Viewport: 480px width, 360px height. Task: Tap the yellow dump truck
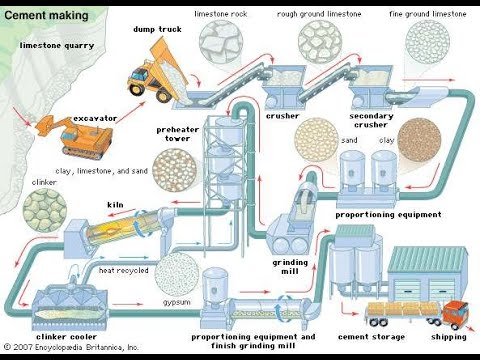(x=158, y=73)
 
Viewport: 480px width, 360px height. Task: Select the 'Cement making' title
(x=46, y=15)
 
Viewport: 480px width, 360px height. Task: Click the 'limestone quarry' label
(x=57, y=46)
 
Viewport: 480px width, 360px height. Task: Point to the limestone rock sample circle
(x=221, y=41)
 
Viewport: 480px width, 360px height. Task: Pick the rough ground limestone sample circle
(x=320, y=41)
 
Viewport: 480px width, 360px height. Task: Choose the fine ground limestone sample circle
(x=427, y=41)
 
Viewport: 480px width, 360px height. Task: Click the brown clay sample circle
(x=419, y=141)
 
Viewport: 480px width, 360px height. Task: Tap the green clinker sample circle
(x=45, y=210)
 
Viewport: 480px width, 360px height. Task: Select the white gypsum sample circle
(x=177, y=274)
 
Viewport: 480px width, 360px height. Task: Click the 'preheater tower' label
(x=177, y=134)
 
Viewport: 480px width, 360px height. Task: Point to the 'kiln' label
(x=115, y=205)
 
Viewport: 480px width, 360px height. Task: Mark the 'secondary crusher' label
(x=371, y=120)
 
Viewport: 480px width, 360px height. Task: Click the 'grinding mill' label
(x=290, y=267)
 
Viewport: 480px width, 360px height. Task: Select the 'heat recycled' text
(x=123, y=270)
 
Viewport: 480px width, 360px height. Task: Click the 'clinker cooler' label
(x=66, y=337)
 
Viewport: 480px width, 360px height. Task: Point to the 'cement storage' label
(x=371, y=337)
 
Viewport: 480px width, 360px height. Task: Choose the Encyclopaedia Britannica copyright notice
(x=71, y=347)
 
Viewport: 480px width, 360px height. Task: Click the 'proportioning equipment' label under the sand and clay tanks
(x=388, y=215)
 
